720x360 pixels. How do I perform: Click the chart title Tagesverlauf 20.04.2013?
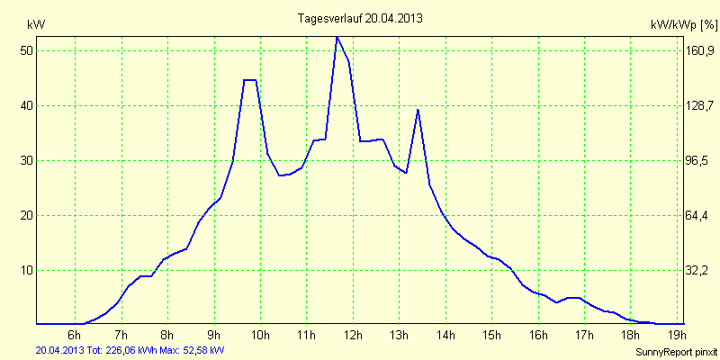click(x=360, y=18)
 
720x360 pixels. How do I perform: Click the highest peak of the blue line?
click(x=337, y=37)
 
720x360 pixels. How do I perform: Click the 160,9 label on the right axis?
click(x=700, y=51)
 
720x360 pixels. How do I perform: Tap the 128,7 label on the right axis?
click(x=700, y=106)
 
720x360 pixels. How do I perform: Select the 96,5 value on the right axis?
click(x=700, y=161)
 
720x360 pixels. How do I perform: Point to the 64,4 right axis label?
click(x=700, y=216)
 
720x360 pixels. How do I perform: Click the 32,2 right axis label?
click(x=700, y=271)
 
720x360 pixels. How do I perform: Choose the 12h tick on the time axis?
click(x=353, y=337)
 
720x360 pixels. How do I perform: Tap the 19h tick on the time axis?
click(x=677, y=337)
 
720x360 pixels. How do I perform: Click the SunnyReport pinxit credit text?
click(x=676, y=352)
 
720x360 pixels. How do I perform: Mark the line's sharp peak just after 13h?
click(x=418, y=109)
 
